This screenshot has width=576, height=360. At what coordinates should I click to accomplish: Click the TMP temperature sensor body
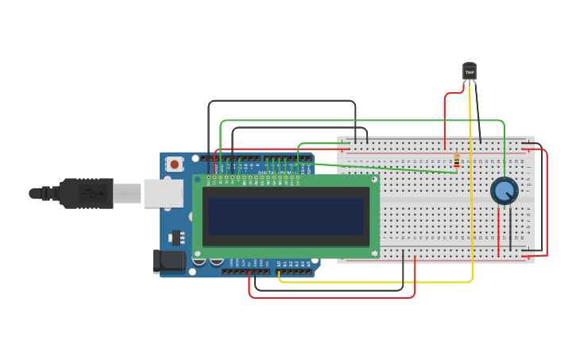tap(470, 72)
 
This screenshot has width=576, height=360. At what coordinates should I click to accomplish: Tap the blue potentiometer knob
tap(504, 191)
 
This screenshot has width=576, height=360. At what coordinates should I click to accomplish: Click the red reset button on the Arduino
tap(174, 165)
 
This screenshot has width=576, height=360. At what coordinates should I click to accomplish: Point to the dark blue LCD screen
tap(286, 216)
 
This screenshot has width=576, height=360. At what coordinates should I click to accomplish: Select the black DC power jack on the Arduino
tap(168, 260)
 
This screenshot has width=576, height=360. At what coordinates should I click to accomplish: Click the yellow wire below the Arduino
tap(373, 282)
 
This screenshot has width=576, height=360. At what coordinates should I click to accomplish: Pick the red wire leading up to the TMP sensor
tap(446, 115)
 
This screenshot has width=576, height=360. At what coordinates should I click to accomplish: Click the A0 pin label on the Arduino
tap(279, 263)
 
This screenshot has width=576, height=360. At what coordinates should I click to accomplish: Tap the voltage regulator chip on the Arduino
tap(176, 237)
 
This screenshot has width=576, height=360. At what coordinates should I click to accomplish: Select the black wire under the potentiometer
tap(510, 230)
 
